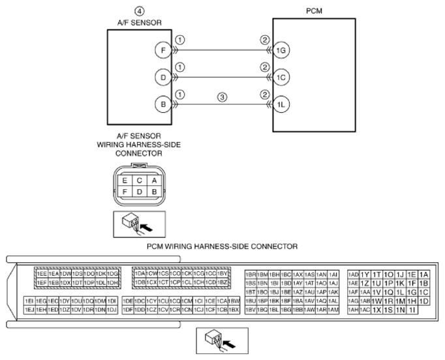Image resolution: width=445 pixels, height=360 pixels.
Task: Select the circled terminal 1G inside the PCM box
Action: pyautogui.click(x=281, y=49)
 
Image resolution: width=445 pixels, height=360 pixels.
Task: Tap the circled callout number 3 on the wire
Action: pyautogui.click(x=222, y=98)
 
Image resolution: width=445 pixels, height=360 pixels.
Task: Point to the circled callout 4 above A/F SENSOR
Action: pyautogui.click(x=138, y=11)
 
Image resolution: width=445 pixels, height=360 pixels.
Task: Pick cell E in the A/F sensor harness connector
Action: pyautogui.click(x=122, y=181)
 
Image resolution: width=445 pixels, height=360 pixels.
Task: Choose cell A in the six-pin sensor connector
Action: pyautogui.click(x=154, y=181)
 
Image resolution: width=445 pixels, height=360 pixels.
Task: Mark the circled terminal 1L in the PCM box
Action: pyautogui.click(x=281, y=104)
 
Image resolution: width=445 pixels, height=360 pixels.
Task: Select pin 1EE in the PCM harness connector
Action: pyautogui.click(x=41, y=274)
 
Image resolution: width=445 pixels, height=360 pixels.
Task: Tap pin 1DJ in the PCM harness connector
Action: pyautogui.click(x=112, y=309)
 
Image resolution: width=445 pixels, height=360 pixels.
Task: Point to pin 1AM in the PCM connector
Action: pyautogui.click(x=333, y=309)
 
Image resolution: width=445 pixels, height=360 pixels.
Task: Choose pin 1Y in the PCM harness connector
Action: pyautogui.click(x=365, y=274)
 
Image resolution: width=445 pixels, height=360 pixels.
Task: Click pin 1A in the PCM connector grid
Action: pyautogui.click(x=423, y=274)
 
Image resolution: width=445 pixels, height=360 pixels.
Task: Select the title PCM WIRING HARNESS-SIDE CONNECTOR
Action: pyautogui.click(x=222, y=247)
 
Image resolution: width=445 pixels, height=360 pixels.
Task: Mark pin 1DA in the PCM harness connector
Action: pyautogui.click(x=139, y=274)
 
